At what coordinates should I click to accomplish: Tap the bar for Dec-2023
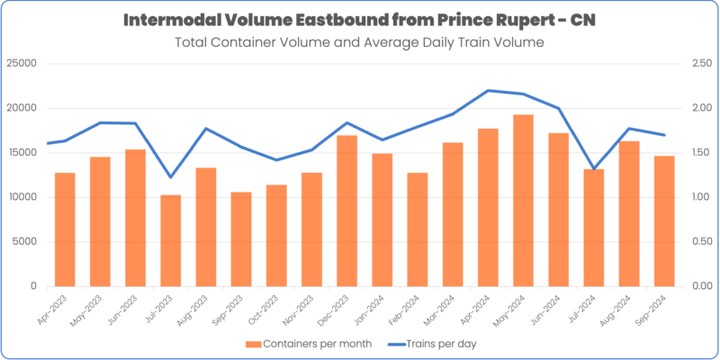coord(346,211)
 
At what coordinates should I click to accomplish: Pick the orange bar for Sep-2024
coord(663,220)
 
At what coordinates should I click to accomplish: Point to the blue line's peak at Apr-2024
coord(488,90)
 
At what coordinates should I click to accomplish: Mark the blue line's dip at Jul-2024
coord(593,169)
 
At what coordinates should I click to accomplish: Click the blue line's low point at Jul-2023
coord(171,177)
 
